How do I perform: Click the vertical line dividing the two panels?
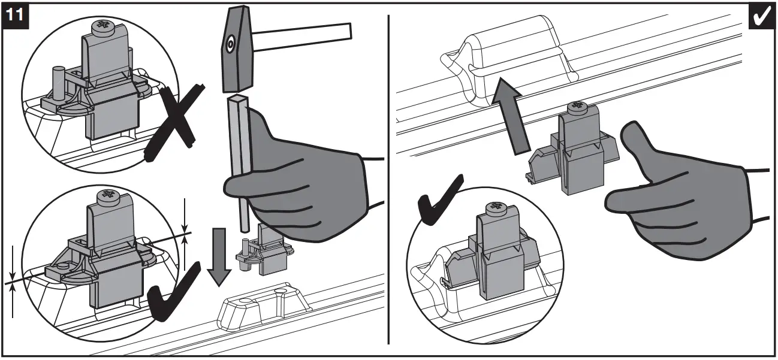point(388,180)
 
